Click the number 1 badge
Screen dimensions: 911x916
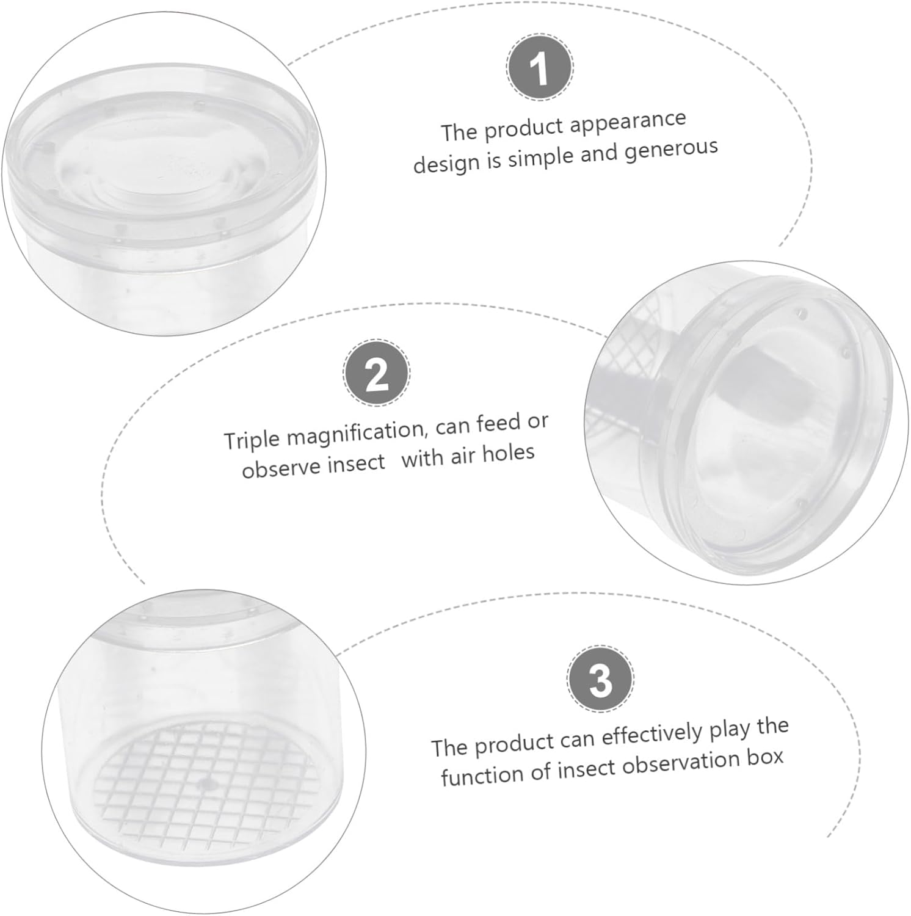540,68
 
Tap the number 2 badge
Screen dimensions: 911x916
377,372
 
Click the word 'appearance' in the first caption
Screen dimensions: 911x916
628,122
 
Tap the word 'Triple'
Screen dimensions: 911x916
252,439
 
